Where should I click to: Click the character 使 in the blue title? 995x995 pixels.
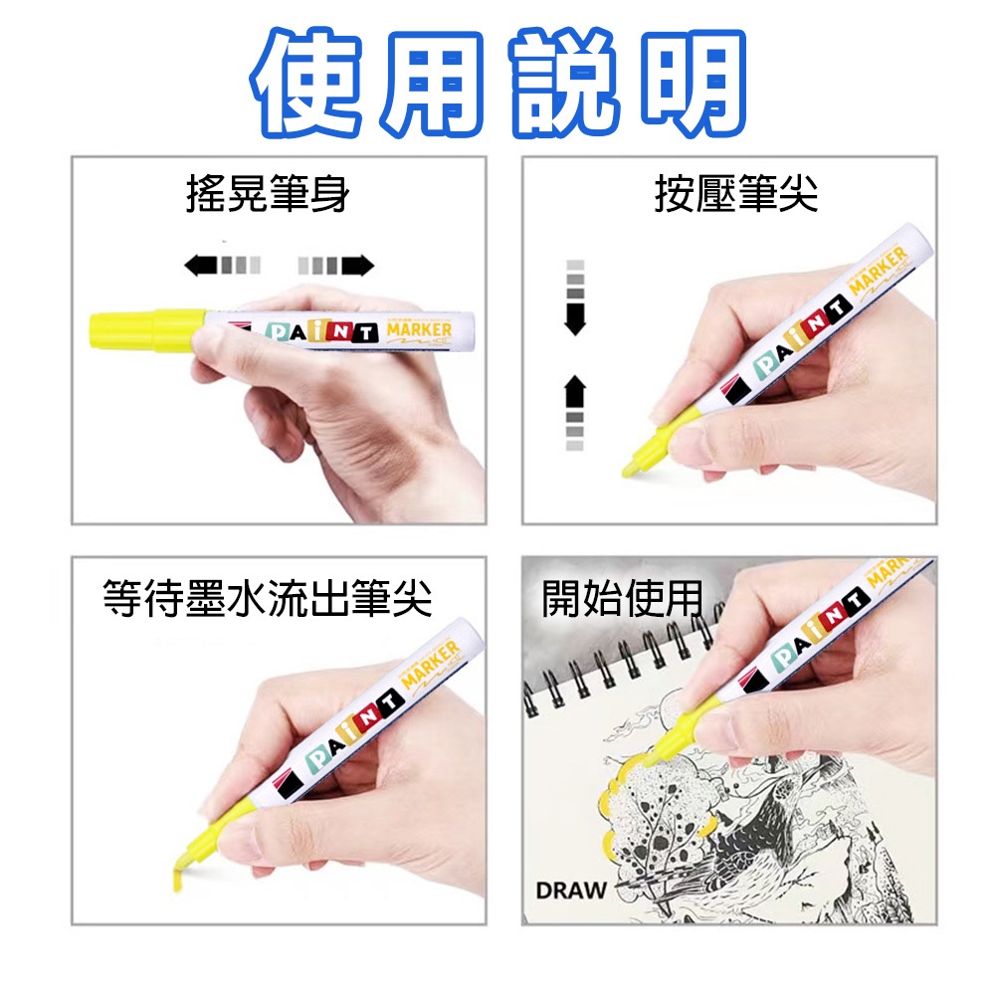pos(310,84)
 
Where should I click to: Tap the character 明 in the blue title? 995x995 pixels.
pos(686,84)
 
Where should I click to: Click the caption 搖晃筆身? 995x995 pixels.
pos(268,194)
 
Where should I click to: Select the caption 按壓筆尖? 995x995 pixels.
pos(736,194)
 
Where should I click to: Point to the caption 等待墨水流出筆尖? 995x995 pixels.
pos(268,600)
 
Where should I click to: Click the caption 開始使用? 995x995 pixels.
pos(622,600)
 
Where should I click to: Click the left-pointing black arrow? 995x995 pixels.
pos(201,265)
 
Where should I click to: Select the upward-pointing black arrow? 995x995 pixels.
pos(575,390)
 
